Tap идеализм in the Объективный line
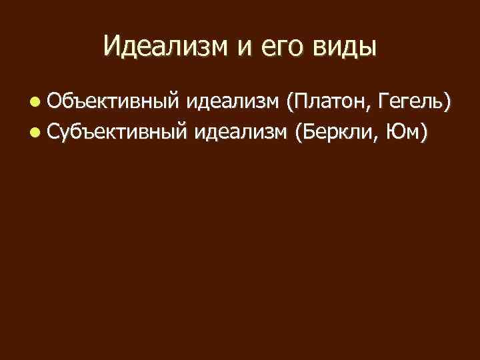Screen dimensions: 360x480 point(233,102)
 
